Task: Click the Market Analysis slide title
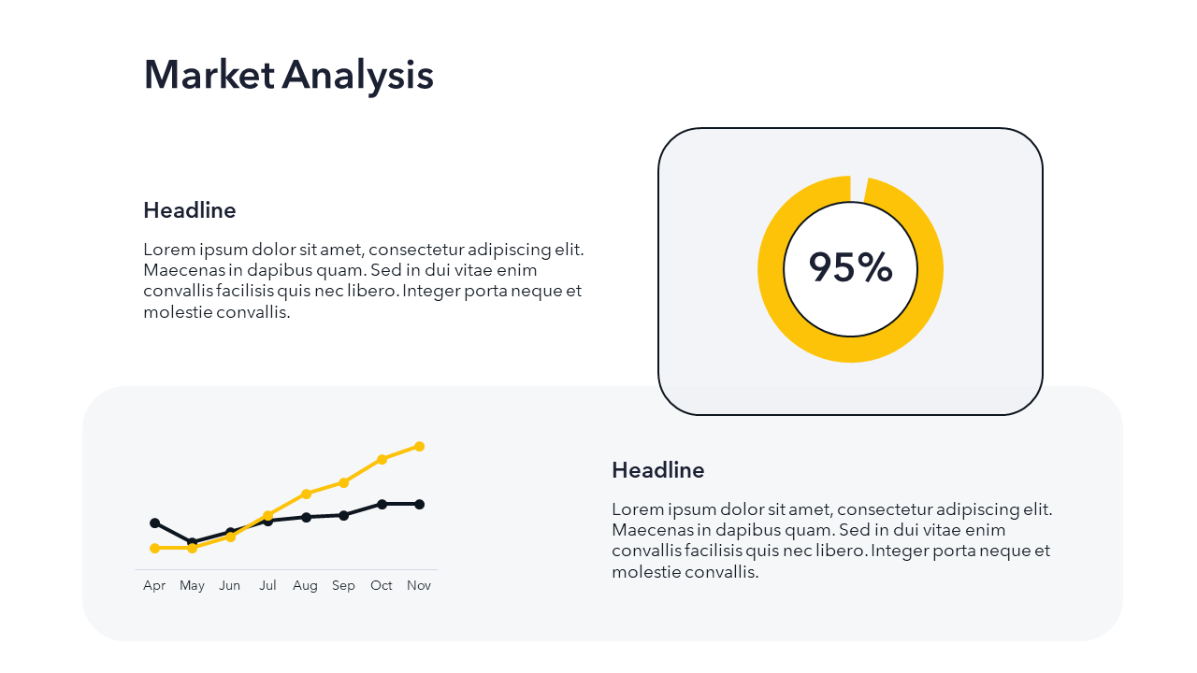pyautogui.click(x=289, y=76)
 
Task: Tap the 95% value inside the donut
pyautogui.click(x=850, y=266)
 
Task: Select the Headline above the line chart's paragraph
pyautogui.click(x=657, y=470)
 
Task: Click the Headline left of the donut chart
pyautogui.click(x=190, y=210)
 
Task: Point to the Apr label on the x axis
pyautogui.click(x=154, y=586)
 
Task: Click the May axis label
pyautogui.click(x=192, y=586)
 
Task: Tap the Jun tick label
pyautogui.click(x=229, y=585)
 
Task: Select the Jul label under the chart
pyautogui.click(x=267, y=585)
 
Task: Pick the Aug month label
pyautogui.click(x=305, y=586)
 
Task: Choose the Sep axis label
pyautogui.click(x=343, y=586)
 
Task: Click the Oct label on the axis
pyautogui.click(x=381, y=585)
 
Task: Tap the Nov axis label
pyautogui.click(x=419, y=585)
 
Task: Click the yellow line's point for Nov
pyautogui.click(x=420, y=447)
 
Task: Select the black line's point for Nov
pyautogui.click(x=420, y=504)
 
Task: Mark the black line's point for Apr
pyautogui.click(x=155, y=523)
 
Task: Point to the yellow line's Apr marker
pyautogui.click(x=155, y=548)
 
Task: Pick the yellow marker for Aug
pyautogui.click(x=306, y=494)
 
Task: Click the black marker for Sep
pyautogui.click(x=343, y=515)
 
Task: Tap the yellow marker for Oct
pyautogui.click(x=382, y=459)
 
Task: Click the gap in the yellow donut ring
pyautogui.click(x=858, y=189)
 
